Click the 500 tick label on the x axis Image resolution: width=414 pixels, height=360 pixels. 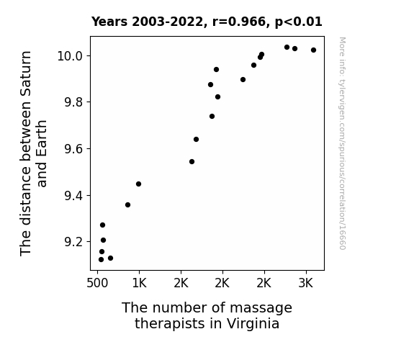click(x=97, y=284)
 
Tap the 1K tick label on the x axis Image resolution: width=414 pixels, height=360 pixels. click(x=139, y=284)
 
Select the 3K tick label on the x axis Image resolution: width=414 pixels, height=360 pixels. click(x=306, y=284)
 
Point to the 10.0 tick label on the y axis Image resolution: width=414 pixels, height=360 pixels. click(x=71, y=56)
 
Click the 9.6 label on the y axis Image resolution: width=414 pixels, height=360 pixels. click(x=73, y=149)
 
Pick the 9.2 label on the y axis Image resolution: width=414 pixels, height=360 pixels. click(x=73, y=242)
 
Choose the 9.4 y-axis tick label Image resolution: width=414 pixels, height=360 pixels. click(x=73, y=195)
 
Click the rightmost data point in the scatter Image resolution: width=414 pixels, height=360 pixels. click(x=313, y=50)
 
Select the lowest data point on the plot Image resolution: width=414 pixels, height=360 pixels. click(x=101, y=260)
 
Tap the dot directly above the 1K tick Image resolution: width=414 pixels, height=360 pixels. click(x=139, y=184)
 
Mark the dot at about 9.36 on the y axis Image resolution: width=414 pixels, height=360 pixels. click(x=127, y=204)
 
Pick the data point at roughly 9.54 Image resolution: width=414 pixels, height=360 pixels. click(x=192, y=162)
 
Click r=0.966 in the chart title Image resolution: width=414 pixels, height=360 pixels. click(x=239, y=22)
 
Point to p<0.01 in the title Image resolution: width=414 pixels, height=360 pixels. click(x=298, y=22)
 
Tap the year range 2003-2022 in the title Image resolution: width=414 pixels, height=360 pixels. click(x=167, y=22)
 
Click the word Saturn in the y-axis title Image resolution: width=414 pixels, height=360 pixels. click(x=26, y=73)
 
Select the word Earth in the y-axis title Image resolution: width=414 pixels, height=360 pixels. click(x=42, y=153)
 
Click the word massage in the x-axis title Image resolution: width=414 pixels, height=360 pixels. click(x=261, y=308)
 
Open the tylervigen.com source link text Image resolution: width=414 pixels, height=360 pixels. click(x=343, y=143)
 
